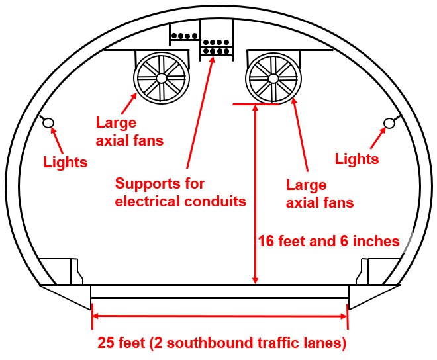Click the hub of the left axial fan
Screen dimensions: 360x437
(x=161, y=78)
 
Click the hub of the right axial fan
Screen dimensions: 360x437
(x=273, y=78)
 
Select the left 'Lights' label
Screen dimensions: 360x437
(x=65, y=161)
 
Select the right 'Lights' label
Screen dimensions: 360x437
(x=357, y=159)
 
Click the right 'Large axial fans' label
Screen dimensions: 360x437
(x=320, y=193)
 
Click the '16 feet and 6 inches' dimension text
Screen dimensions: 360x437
(x=328, y=241)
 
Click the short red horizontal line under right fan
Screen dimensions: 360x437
(x=256, y=104)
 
